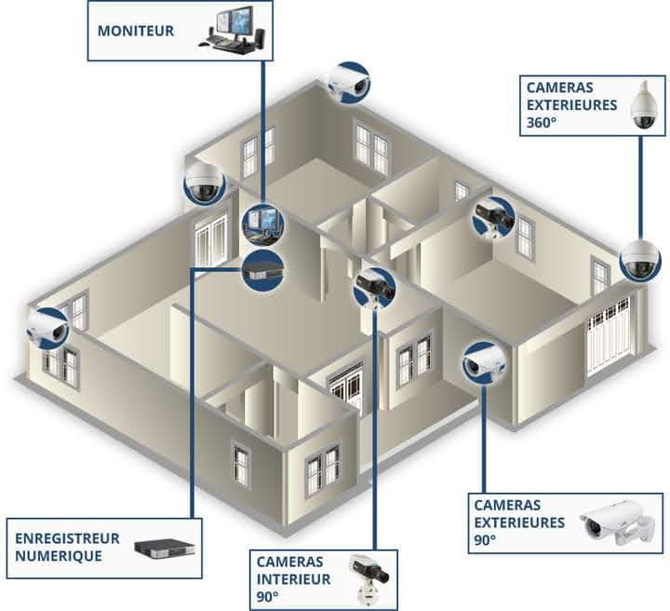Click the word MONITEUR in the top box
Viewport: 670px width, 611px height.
click(x=136, y=31)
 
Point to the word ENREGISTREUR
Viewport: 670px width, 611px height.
click(x=67, y=538)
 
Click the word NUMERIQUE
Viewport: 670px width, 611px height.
click(x=59, y=556)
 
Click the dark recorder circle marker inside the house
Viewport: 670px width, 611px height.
click(x=262, y=270)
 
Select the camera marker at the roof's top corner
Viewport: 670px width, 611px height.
click(x=350, y=83)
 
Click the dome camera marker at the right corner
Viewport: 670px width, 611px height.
click(x=639, y=260)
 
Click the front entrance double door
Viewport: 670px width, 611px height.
click(x=347, y=385)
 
